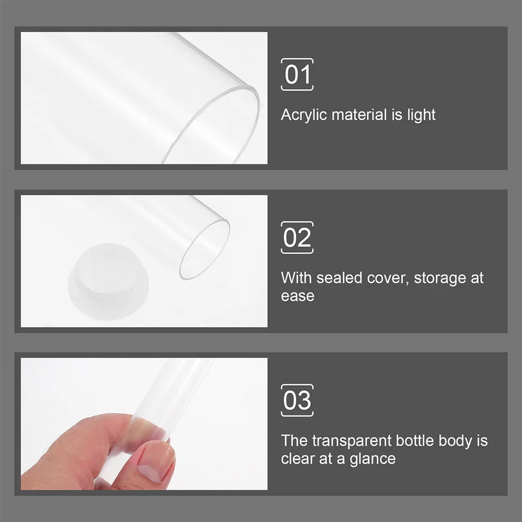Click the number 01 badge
[297, 74]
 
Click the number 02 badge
[297, 238]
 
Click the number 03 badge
[297, 401]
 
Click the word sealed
[339, 278]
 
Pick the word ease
[297, 296]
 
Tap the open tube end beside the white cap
[205, 249]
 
